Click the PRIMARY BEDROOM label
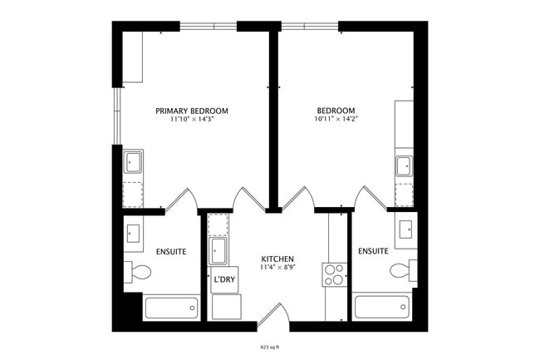192,111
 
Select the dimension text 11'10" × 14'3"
192,120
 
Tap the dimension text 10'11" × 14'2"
336,120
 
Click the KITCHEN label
277,259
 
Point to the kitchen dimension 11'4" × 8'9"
277,268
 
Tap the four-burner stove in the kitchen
335,274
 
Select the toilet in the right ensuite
402,270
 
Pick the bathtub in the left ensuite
171,308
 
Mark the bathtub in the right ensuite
381,308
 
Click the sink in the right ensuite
407,230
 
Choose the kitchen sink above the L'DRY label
218,250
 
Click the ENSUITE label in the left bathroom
171,251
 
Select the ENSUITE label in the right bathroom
373,251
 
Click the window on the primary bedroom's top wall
209,26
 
